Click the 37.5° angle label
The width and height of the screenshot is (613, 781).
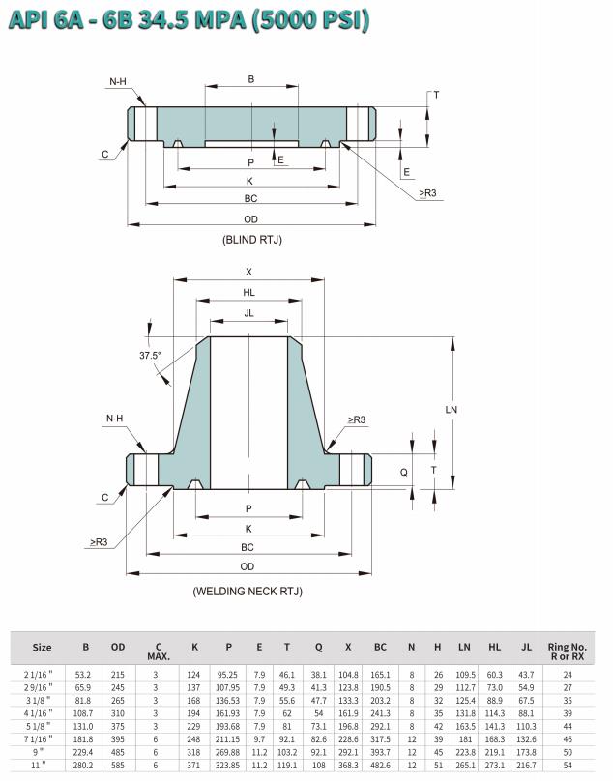150,355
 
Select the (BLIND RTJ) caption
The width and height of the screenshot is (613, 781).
252,240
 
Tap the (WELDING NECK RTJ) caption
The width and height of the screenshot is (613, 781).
248,592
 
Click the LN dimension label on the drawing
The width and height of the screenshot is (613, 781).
451,410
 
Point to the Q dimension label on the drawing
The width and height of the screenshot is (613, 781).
404,472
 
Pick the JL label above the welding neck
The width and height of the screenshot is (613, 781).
248,313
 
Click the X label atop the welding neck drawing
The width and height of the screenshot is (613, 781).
248,272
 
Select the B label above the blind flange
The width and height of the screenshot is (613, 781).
251,79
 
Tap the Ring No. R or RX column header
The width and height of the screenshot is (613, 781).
568,651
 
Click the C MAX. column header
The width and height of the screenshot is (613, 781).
159,652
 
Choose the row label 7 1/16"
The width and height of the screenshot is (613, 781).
38,739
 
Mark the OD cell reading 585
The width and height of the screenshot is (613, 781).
118,766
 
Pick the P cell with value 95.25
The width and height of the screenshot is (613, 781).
227,675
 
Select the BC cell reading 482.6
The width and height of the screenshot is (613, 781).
380,766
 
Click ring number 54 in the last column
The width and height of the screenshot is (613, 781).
568,766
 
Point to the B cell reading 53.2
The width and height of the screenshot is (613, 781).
83,675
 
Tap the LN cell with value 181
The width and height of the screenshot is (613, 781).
465,739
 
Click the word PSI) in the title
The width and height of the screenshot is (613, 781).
338,20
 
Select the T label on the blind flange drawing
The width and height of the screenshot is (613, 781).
437,95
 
